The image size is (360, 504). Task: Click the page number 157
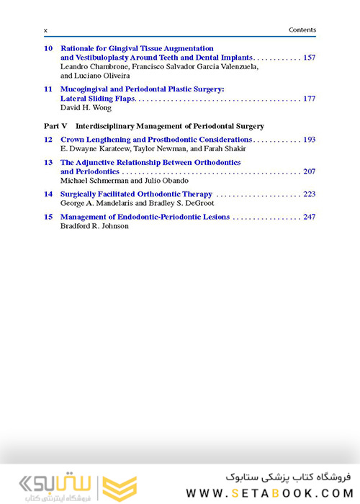point(310,58)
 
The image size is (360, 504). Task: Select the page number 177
point(310,99)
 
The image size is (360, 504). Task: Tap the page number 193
point(310,140)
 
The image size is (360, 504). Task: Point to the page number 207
point(310,172)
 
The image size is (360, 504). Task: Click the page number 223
point(310,194)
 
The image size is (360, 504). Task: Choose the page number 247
point(310,217)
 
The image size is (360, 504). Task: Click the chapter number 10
point(48,48)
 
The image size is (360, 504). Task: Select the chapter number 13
point(48,163)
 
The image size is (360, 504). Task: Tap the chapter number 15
point(48,217)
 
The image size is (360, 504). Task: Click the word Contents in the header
point(302,30)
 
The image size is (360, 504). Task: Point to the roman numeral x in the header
point(46,30)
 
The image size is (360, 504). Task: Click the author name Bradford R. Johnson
point(94,226)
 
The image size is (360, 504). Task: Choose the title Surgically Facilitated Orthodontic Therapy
point(136,194)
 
